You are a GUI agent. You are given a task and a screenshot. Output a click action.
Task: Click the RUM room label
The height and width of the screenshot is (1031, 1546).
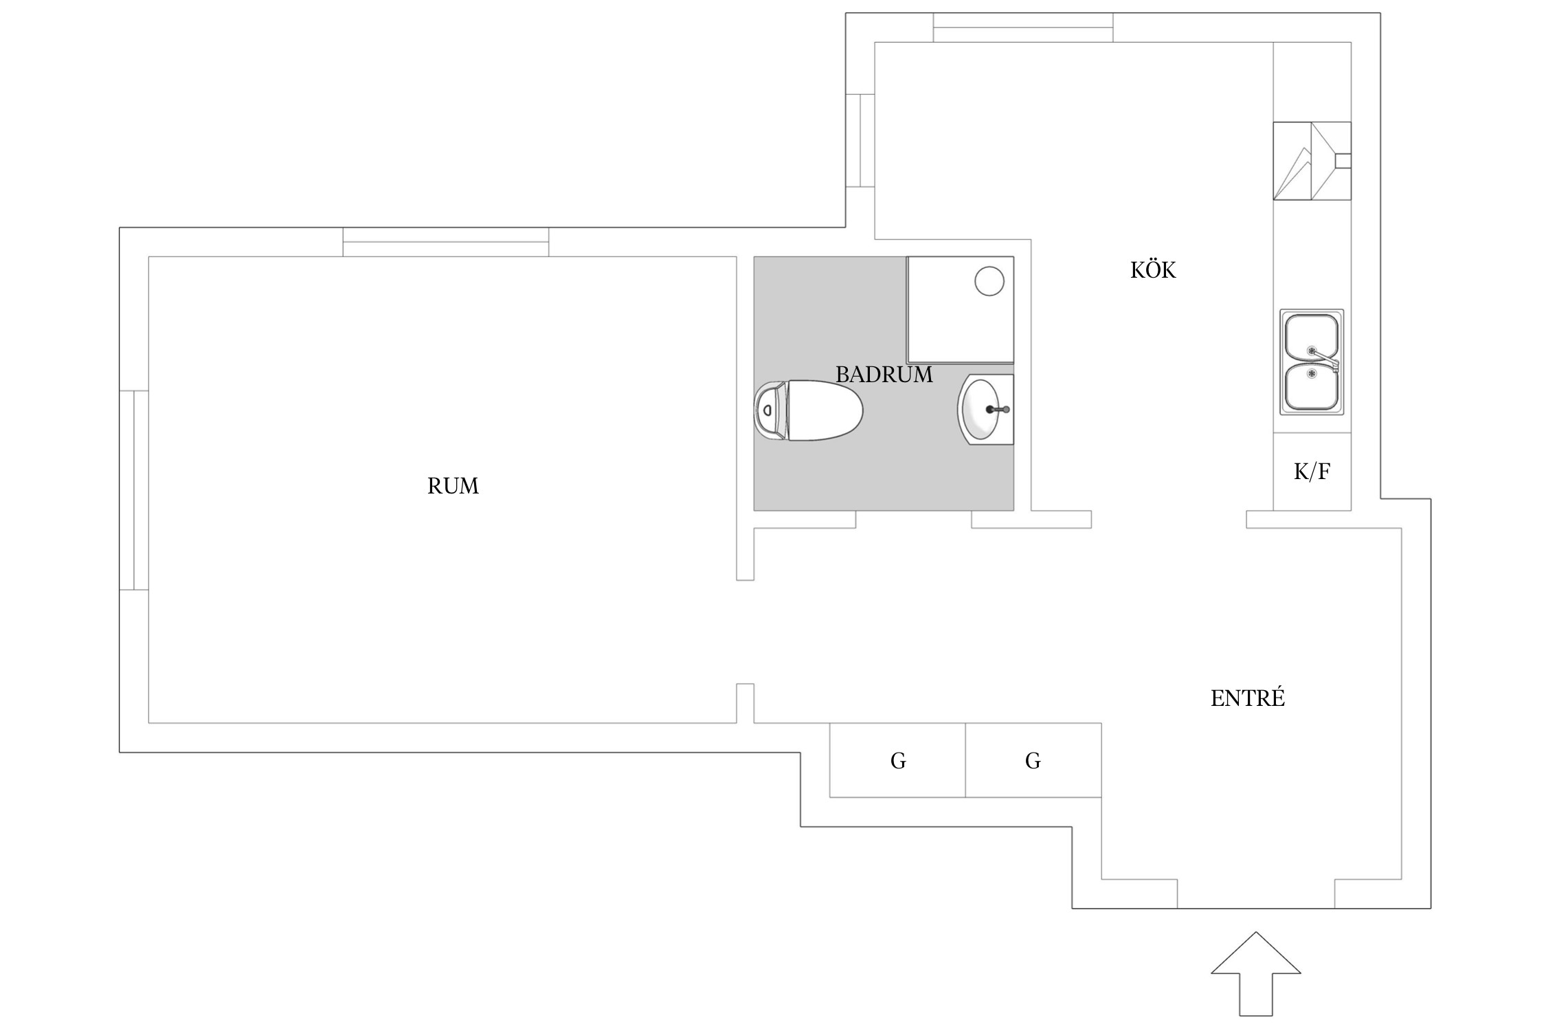(x=453, y=486)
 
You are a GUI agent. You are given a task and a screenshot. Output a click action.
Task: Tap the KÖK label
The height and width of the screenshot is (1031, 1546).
(x=1153, y=270)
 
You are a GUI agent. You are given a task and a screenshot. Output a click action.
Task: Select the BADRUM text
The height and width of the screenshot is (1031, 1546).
(x=884, y=375)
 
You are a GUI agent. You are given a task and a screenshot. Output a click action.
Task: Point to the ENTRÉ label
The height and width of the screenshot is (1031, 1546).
(x=1247, y=698)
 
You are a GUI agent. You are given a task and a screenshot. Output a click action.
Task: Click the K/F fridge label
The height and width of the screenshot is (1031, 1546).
(x=1312, y=472)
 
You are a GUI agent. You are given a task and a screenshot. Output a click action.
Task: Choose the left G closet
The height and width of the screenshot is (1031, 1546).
(x=897, y=761)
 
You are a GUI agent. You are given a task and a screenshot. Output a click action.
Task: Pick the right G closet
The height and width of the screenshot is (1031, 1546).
(x=1033, y=761)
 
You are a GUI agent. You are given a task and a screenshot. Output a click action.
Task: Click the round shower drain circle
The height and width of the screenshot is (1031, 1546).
(x=989, y=281)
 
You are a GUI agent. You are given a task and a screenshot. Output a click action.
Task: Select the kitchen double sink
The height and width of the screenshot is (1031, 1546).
(x=1311, y=362)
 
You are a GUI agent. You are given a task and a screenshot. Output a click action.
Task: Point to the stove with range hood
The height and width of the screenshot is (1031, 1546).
(x=1311, y=162)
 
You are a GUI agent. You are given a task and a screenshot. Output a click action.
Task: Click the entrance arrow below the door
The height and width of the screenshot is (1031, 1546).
(x=1255, y=983)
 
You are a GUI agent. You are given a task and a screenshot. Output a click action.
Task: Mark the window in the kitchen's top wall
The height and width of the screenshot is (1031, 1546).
(x=1023, y=27)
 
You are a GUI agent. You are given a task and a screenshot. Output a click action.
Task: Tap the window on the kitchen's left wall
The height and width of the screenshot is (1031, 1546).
(x=860, y=140)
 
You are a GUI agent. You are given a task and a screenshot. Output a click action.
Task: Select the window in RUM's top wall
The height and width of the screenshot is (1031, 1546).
(x=446, y=242)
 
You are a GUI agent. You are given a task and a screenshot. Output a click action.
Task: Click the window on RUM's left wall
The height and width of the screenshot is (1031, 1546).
(x=134, y=490)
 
